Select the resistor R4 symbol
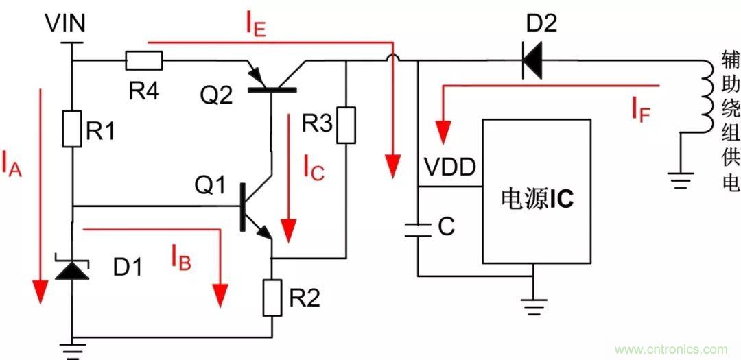tap(144, 61)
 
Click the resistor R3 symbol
tap(347, 125)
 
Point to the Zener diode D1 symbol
tap(72, 269)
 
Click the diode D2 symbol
tap(531, 61)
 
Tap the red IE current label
tap(257, 25)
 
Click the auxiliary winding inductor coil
tap(707, 95)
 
